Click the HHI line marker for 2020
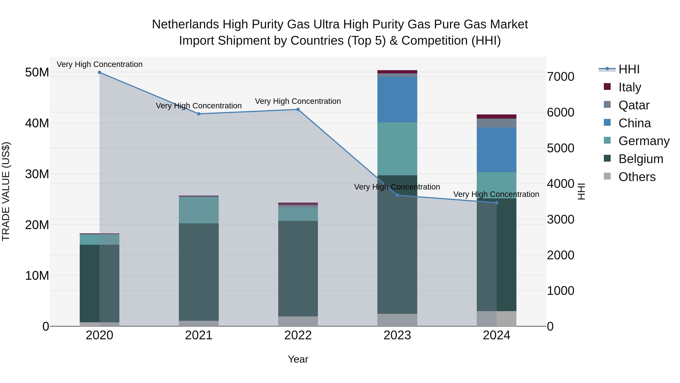pos(100,72)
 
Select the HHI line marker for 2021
pos(199,114)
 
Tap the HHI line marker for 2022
pos(298,110)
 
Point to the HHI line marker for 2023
pos(397,195)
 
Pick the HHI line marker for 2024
pos(497,203)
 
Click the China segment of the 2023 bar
pos(397,100)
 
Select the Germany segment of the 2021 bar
pos(199,210)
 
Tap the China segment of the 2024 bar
pos(497,150)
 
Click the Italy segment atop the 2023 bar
pos(397,72)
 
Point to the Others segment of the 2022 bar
pos(298,321)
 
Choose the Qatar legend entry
pos(634,105)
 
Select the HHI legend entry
pos(629,69)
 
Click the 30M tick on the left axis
pos(37,174)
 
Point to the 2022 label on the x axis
pos(298,335)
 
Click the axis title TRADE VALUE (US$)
pos(6,191)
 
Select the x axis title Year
pos(298,359)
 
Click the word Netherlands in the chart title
pos(185,24)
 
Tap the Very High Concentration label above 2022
pos(298,101)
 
